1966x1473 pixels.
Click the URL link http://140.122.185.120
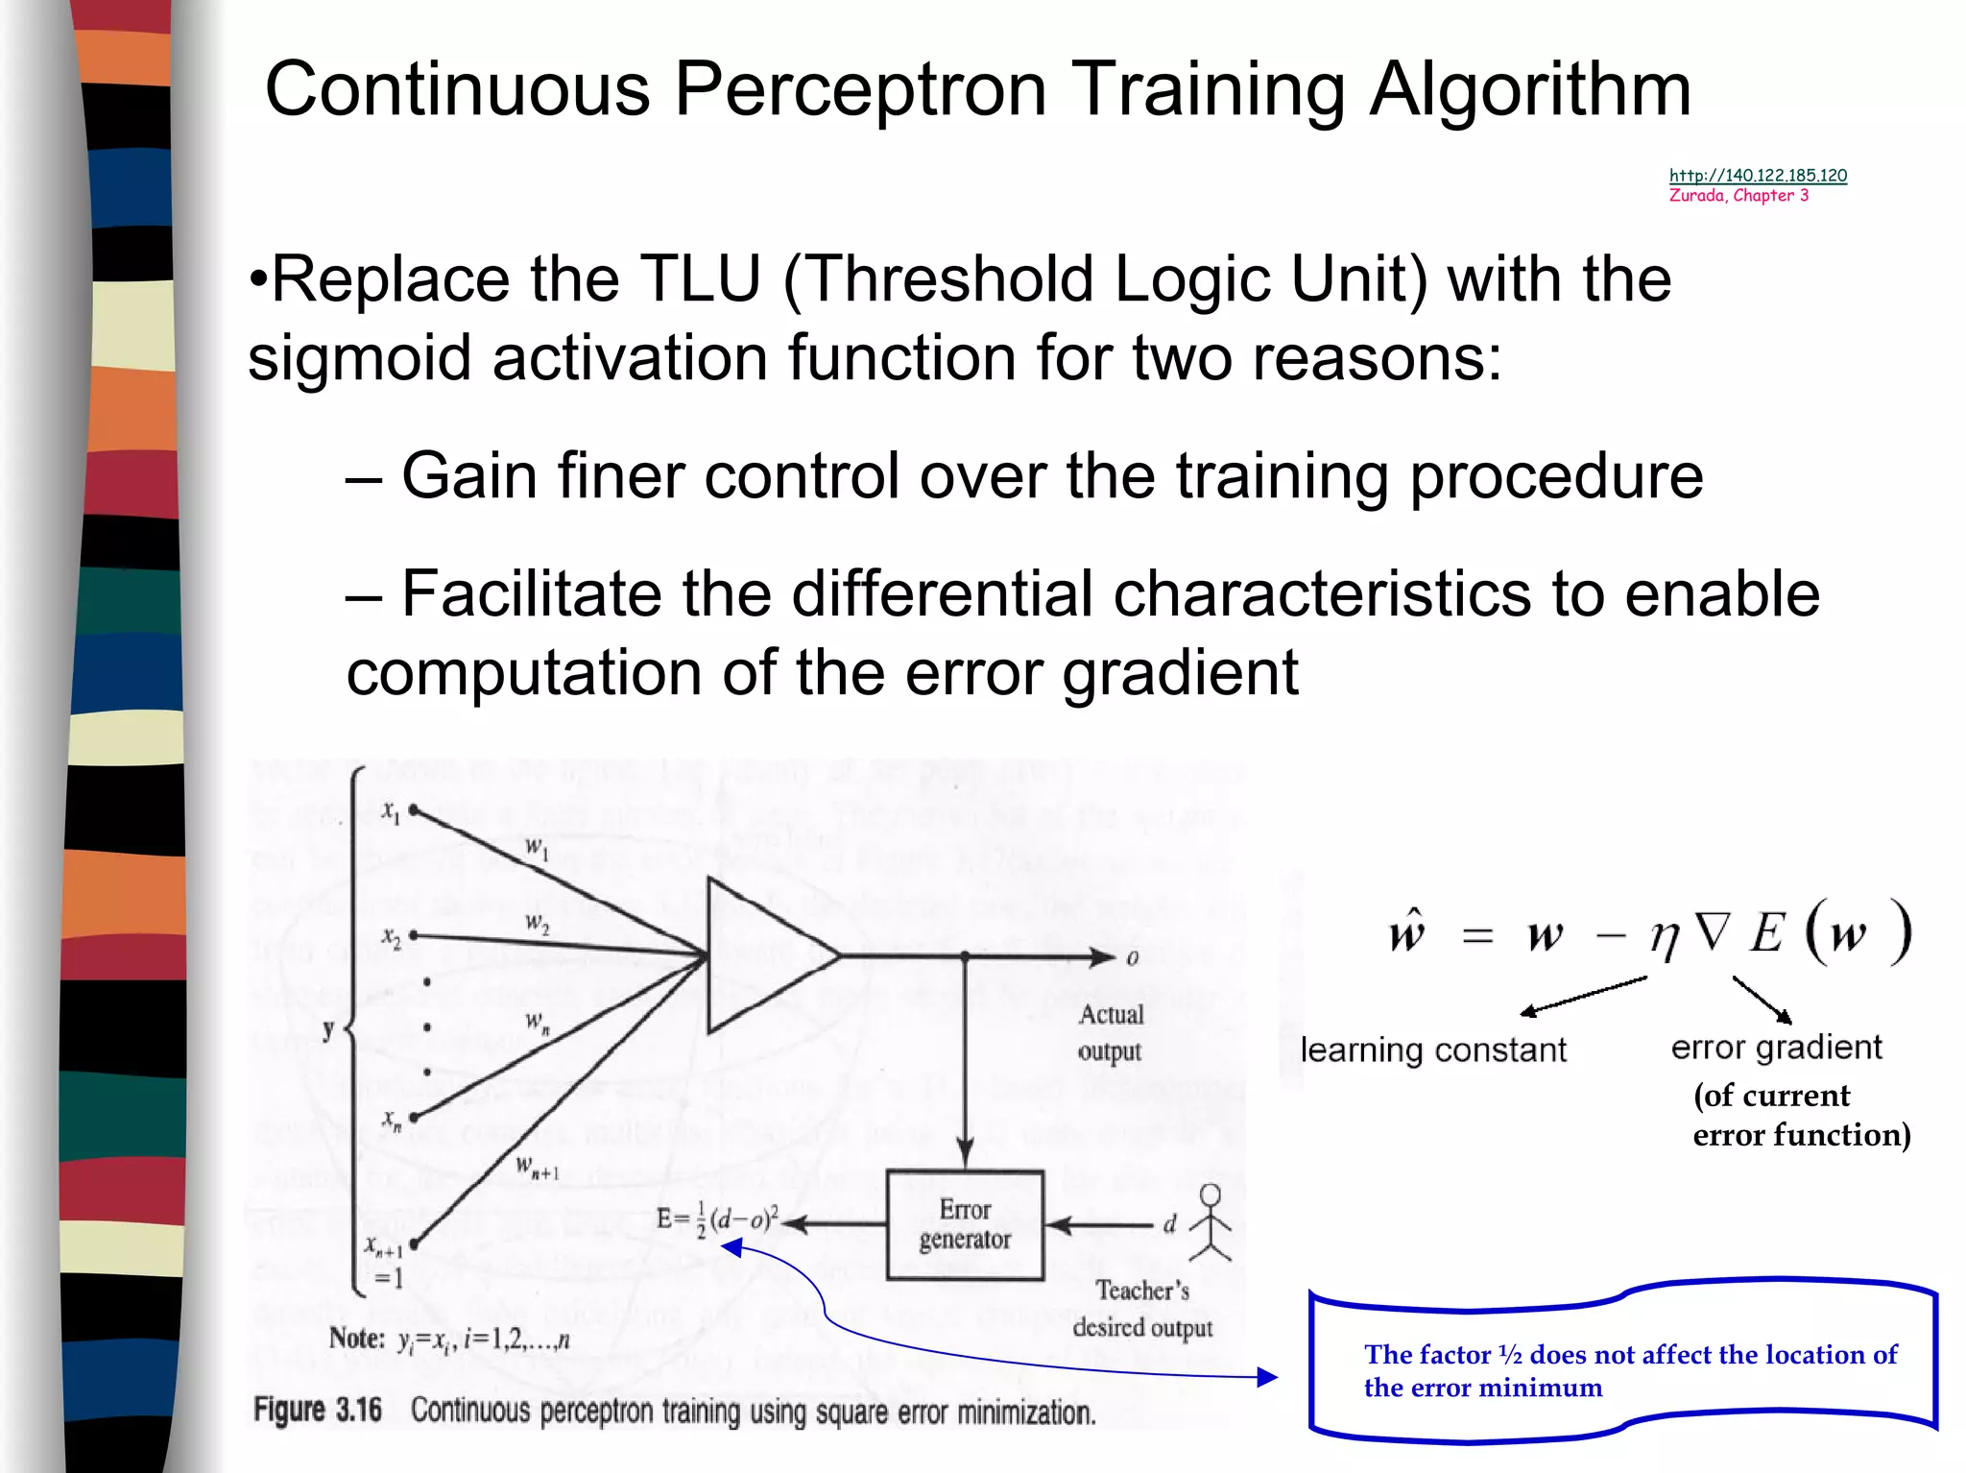tap(1758, 175)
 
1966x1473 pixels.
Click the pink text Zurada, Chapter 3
tap(1738, 195)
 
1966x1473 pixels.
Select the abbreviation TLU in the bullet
tap(700, 279)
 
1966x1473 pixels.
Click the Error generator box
tap(965, 1224)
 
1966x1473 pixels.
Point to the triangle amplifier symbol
tap(763, 955)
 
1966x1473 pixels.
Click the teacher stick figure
tap(1210, 1221)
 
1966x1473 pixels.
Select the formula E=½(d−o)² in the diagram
tap(717, 1219)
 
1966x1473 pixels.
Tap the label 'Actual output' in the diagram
tap(1111, 1032)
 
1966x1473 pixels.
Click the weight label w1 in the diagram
tap(537, 849)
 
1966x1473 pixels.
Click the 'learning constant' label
tap(1433, 1050)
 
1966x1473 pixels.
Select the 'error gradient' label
tap(1776, 1047)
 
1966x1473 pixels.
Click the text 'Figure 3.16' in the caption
tap(318, 1410)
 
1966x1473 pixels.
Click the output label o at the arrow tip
tap(1132, 958)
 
